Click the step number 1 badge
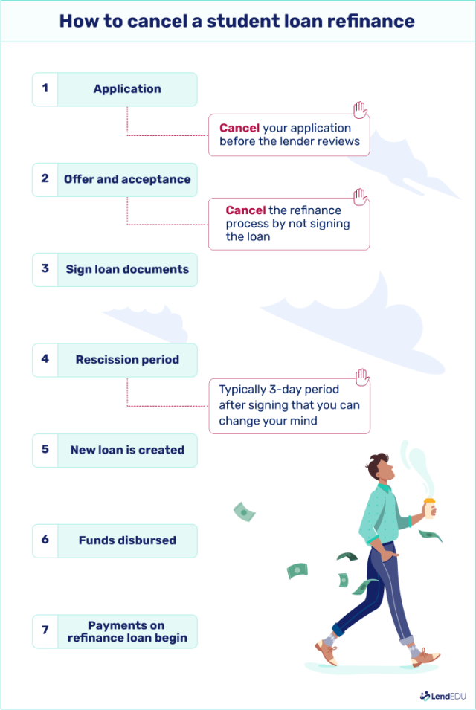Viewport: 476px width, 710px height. (x=45, y=88)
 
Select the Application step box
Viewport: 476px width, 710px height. (x=127, y=89)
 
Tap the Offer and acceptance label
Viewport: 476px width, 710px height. (x=127, y=179)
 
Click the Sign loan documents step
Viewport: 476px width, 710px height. (x=127, y=269)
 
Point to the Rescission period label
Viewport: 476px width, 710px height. (x=127, y=360)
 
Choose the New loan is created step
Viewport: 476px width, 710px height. (x=127, y=450)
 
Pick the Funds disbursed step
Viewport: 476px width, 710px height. (x=127, y=540)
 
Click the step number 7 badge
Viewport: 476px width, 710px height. (x=45, y=631)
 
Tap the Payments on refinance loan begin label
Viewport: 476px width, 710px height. (x=127, y=631)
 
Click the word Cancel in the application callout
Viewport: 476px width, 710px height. (x=239, y=128)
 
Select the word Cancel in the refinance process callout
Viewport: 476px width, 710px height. (x=245, y=211)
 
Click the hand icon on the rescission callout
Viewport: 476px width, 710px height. (x=362, y=378)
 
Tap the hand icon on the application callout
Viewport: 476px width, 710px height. (x=361, y=112)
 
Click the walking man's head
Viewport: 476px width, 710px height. (x=380, y=468)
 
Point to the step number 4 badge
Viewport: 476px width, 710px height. (x=45, y=360)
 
